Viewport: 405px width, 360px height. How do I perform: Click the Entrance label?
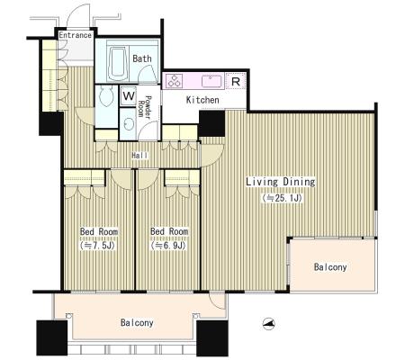[75, 35]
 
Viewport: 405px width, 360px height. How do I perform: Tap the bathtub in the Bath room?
[118, 63]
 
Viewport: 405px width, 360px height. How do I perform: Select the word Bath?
[142, 58]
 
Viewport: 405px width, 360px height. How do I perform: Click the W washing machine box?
[129, 96]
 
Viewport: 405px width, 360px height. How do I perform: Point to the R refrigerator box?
[236, 81]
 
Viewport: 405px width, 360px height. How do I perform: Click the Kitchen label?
[202, 100]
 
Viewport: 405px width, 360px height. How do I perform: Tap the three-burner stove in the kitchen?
[175, 81]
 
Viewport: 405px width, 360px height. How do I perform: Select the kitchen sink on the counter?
[212, 81]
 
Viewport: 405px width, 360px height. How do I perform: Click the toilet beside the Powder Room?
[106, 95]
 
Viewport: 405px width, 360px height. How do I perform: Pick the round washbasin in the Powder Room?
[129, 124]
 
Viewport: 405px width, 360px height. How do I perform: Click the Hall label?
[139, 156]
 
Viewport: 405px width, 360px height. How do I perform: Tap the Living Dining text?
[281, 182]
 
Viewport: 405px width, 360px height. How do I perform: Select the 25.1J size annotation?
[282, 198]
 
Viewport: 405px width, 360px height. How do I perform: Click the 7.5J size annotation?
[98, 246]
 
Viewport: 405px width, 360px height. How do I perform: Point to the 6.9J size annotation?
[168, 246]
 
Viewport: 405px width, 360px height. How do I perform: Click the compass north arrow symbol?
[269, 324]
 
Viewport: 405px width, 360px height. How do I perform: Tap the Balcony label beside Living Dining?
[330, 267]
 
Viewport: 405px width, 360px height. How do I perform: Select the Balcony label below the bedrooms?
[137, 322]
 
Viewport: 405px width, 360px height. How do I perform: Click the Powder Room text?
[145, 106]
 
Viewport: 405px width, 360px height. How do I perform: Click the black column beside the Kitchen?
[211, 123]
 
